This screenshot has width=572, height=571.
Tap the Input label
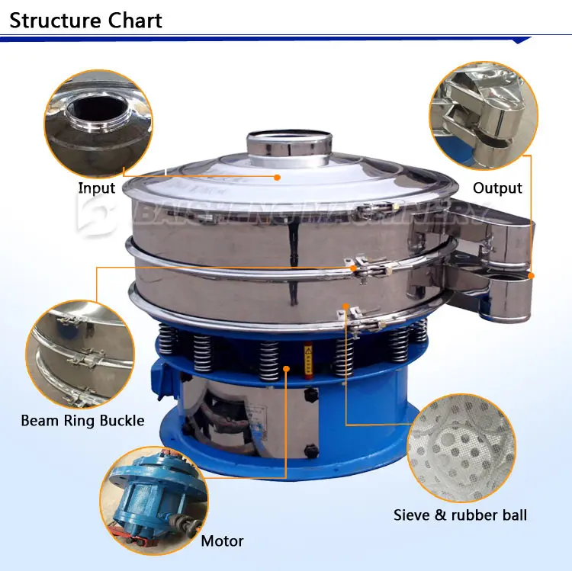[x=97, y=188]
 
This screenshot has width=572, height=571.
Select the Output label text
[x=497, y=188]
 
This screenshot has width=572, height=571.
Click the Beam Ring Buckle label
[x=82, y=420]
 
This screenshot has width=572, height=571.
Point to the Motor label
[x=222, y=541]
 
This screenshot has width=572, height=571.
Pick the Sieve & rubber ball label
[x=460, y=515]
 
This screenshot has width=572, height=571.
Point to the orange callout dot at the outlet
[x=531, y=276]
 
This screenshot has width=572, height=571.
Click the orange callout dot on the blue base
[x=287, y=369]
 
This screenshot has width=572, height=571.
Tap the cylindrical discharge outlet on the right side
[x=507, y=294]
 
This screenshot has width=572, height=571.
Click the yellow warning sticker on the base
[x=308, y=356]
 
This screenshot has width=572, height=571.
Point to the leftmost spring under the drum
[x=167, y=341]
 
